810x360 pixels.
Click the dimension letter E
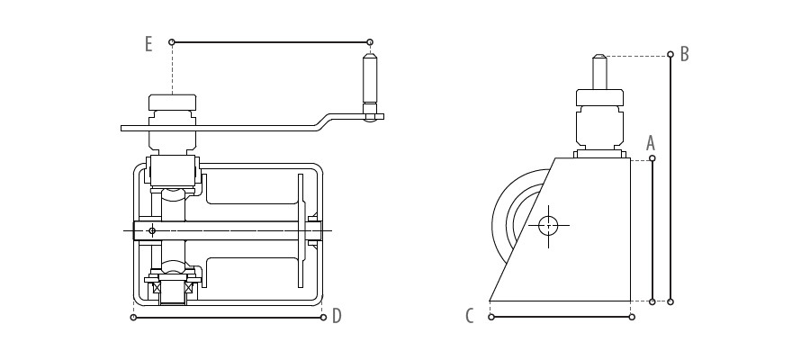pyautogui.click(x=148, y=44)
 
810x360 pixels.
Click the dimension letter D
pyautogui.click(x=337, y=316)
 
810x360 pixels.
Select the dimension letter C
pyautogui.click(x=469, y=316)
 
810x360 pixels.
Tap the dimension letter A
pyautogui.click(x=651, y=143)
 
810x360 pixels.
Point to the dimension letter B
pyautogui.click(x=685, y=54)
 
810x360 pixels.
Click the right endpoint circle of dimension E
pyautogui.click(x=370, y=41)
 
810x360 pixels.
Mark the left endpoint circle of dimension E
pyautogui.click(x=172, y=41)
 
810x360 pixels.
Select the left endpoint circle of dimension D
pyautogui.click(x=133, y=317)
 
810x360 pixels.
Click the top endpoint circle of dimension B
pyautogui.click(x=670, y=54)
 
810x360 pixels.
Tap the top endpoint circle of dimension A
pyautogui.click(x=652, y=158)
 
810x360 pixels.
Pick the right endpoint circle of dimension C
pyautogui.click(x=632, y=317)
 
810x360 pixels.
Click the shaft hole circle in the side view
pyautogui.click(x=548, y=226)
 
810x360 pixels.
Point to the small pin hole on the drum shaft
pyautogui.click(x=152, y=230)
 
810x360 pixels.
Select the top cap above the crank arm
pyautogui.click(x=172, y=103)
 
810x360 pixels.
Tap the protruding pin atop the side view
pyautogui.click(x=599, y=72)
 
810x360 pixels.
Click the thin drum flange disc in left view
pyautogui.click(x=301, y=230)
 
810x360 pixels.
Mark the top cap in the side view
pyautogui.click(x=599, y=97)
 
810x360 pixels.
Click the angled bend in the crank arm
pyautogui.click(x=324, y=121)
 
